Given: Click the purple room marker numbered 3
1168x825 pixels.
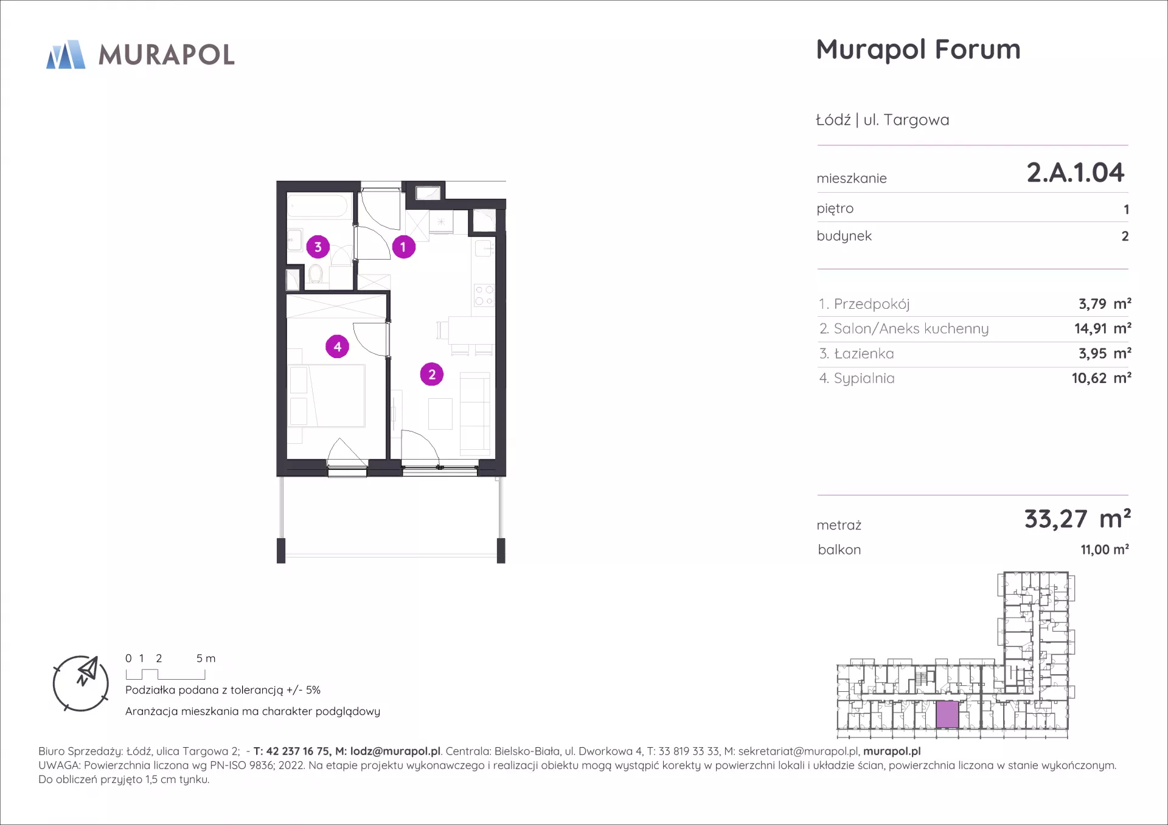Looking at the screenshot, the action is click(318, 247).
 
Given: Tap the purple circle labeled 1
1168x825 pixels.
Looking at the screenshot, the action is click(403, 247).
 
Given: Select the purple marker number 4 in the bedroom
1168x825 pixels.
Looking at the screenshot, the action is click(337, 347).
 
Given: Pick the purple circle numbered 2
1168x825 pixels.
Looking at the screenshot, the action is click(432, 375).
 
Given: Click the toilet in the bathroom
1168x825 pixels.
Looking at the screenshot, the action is click(315, 274).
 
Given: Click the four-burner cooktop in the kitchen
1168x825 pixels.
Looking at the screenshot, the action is click(484, 295).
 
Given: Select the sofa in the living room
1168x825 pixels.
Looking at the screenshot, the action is click(475, 413).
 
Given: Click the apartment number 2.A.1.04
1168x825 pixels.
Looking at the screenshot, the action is click(1076, 173).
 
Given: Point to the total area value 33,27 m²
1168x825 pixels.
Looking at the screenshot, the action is click(1077, 519).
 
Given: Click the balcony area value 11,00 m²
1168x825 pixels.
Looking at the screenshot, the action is click(1105, 550).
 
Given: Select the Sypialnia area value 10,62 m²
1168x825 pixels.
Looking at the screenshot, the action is click(1101, 378).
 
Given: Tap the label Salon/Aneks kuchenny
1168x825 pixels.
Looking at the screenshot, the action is click(911, 329).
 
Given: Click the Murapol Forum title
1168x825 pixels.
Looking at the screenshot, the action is click(918, 49).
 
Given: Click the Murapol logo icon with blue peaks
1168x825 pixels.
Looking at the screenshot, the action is click(66, 55).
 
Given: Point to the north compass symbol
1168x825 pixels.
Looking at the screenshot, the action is click(81, 683).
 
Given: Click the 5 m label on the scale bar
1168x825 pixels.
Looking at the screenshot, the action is click(206, 658).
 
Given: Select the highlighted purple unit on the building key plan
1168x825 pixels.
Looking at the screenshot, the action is click(947, 714).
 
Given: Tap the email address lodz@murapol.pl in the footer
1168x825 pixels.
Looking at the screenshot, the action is click(395, 751).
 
